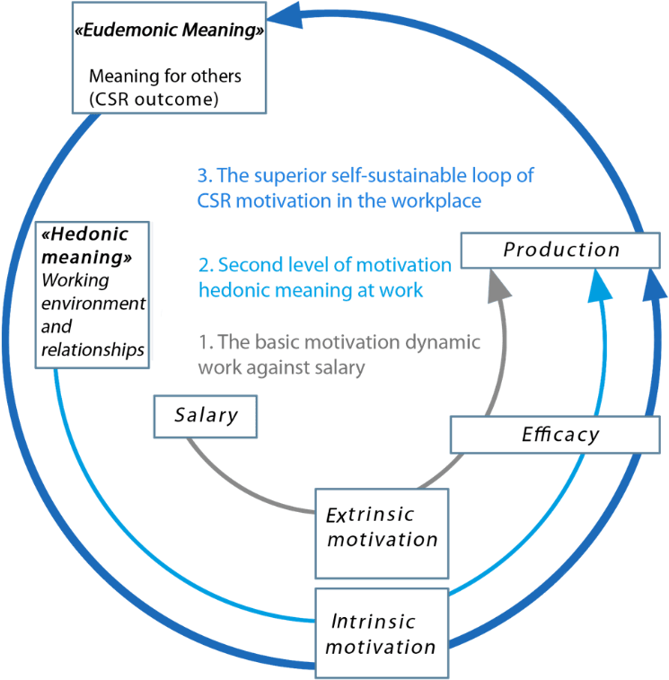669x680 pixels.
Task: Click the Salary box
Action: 207,416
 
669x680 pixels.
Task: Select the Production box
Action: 561,250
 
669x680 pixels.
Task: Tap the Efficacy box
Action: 560,436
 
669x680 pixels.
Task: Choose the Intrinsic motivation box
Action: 381,633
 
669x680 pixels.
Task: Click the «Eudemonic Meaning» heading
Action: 169,31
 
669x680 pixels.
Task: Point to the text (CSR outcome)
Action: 153,99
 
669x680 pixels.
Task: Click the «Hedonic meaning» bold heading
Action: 86,245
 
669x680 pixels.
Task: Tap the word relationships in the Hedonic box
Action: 93,349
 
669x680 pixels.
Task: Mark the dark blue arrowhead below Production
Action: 655,286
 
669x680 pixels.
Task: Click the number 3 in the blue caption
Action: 202,176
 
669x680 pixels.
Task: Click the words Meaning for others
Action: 165,76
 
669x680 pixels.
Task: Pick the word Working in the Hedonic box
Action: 75,279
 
